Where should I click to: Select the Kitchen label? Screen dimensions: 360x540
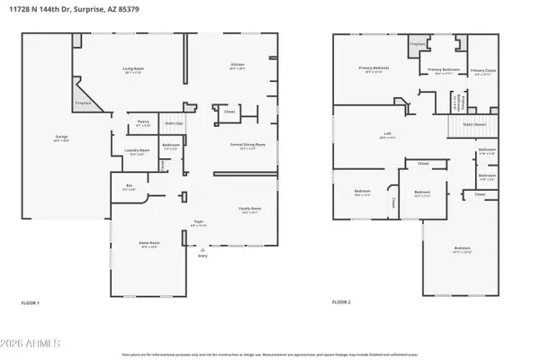tap(238, 66)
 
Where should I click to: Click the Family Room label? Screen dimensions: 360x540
tap(248, 209)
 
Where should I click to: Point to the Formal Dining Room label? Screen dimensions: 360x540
tap(248, 144)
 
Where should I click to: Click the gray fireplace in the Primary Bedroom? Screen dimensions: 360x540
tap(417, 46)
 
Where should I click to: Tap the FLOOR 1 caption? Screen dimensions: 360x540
tap(31, 303)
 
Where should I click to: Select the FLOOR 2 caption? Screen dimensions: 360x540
tap(343, 303)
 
